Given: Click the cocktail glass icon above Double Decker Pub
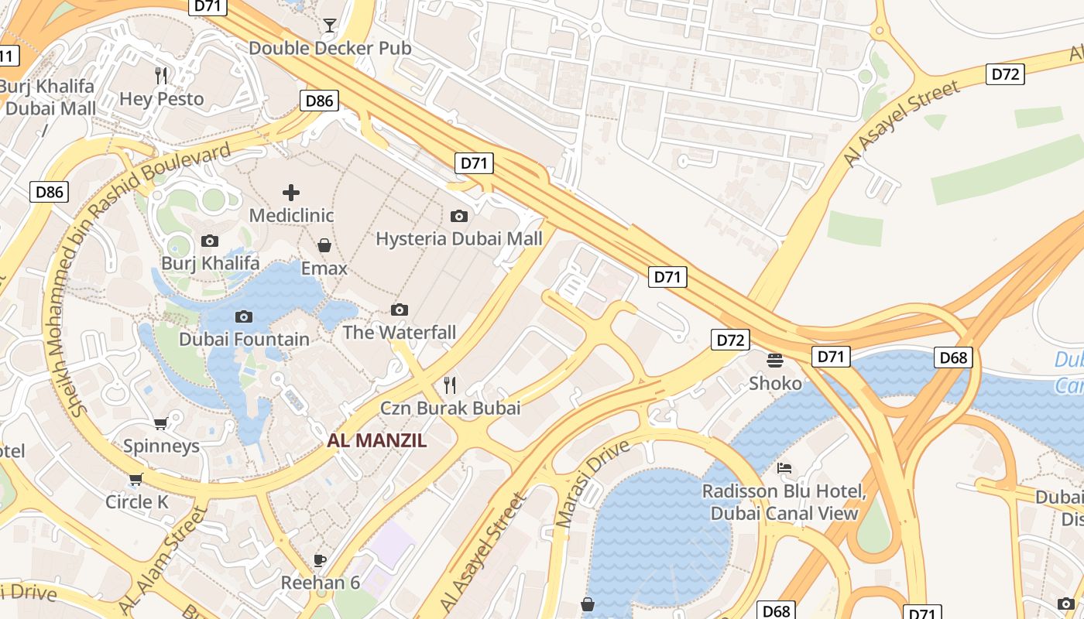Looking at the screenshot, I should [330, 26].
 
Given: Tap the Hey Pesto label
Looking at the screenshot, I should [162, 99].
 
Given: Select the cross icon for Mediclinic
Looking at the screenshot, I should [291, 192].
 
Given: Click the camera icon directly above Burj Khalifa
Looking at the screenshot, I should [210, 241].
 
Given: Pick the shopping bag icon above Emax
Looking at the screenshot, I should [324, 245].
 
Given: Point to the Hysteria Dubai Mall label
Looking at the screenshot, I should [459, 239].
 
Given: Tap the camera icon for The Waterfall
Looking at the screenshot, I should [400, 310].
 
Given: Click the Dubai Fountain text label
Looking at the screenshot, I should [244, 340].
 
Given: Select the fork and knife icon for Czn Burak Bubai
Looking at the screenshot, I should [450, 385].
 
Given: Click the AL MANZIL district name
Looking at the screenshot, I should [376, 441].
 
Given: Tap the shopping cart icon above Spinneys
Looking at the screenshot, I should [161, 423].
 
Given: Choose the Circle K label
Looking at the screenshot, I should [137, 502].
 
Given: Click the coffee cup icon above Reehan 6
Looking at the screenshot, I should [320, 560].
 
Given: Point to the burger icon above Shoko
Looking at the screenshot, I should [775, 360].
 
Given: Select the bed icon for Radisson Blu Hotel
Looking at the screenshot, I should [784, 468].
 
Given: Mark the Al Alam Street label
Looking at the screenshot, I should [163, 560].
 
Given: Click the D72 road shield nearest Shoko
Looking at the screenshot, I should [730, 340].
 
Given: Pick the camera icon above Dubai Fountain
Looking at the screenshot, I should [244, 316].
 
